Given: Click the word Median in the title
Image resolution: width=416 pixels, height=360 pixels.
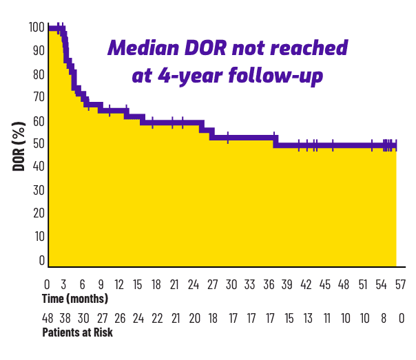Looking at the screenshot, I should coord(142,49).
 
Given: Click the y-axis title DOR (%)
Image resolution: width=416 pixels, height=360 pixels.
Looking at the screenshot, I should coord(19,147).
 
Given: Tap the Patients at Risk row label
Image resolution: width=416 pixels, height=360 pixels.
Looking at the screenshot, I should coord(78,332).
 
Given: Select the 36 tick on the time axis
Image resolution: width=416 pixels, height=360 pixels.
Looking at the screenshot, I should coord(269,284).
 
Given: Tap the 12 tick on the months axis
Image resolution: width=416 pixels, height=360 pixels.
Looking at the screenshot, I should coord(120,284).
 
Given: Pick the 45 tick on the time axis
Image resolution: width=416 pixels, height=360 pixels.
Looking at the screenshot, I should coord(324,284).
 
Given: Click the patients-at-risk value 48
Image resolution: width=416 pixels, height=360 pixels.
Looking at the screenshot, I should coord(48,319).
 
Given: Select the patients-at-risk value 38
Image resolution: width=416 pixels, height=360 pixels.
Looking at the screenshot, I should coord(65,319).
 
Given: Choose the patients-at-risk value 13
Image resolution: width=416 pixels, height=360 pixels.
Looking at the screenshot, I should coord(307,319).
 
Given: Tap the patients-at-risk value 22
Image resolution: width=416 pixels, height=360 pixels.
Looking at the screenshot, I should coord(157,319).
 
